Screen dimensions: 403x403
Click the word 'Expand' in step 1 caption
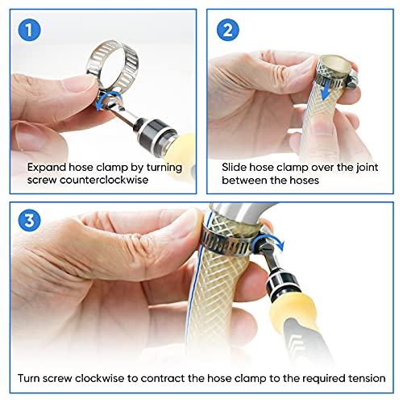pos(47,167)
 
